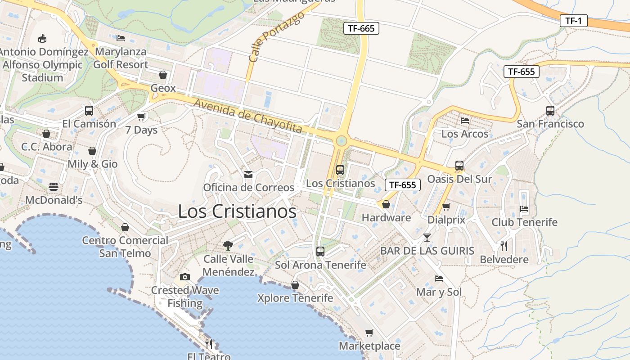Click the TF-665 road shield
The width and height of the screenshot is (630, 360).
coord(361,28)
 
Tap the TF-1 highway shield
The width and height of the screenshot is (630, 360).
coord(574,20)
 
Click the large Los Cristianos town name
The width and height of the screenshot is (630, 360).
coord(237,211)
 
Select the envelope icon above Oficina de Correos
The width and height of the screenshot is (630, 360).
coord(248,175)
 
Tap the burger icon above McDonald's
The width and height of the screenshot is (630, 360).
coord(54,187)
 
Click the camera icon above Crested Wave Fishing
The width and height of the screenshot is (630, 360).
coord(184,277)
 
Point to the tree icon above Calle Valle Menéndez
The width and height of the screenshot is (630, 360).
coord(228,245)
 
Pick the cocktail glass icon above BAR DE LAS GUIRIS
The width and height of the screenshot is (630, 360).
coord(427,237)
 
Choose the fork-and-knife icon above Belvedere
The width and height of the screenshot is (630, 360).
coord(504,246)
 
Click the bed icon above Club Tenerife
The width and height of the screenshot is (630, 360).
coord(524,208)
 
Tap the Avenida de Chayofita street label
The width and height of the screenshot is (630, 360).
coord(248,116)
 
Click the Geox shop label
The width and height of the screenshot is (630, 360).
coord(163,88)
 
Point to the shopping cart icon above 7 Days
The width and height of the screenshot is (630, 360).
coord(141,117)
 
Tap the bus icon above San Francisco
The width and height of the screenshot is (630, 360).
coord(550,110)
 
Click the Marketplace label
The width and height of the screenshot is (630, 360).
coord(369,346)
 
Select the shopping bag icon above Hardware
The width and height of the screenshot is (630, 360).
coord(386,204)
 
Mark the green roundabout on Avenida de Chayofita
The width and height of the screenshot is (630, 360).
coord(342,141)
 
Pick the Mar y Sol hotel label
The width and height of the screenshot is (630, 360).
coord(439,292)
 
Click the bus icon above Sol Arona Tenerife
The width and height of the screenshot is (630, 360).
coord(320,251)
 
